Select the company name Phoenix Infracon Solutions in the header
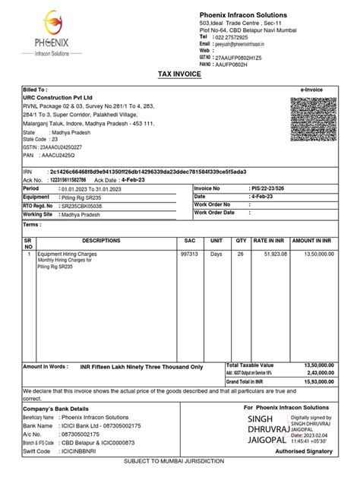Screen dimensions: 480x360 pyautogui.click(x=243, y=15)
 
